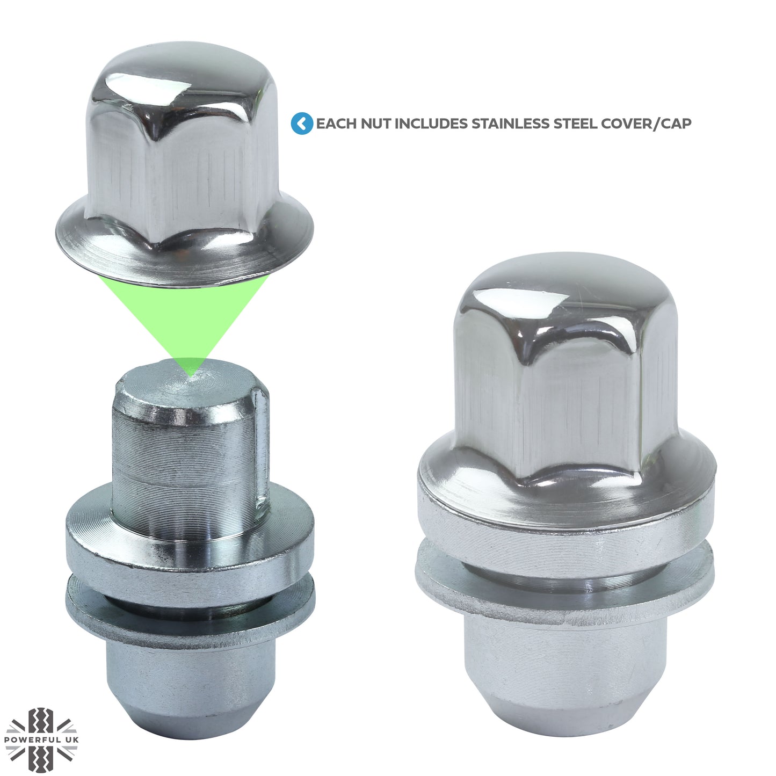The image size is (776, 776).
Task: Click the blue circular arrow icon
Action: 302,124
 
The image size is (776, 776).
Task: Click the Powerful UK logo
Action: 41,739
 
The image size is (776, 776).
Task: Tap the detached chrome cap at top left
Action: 183,161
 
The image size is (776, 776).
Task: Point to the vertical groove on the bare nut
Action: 262,451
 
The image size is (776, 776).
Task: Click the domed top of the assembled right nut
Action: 564,290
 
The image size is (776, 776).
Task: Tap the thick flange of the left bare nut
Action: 188,553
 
